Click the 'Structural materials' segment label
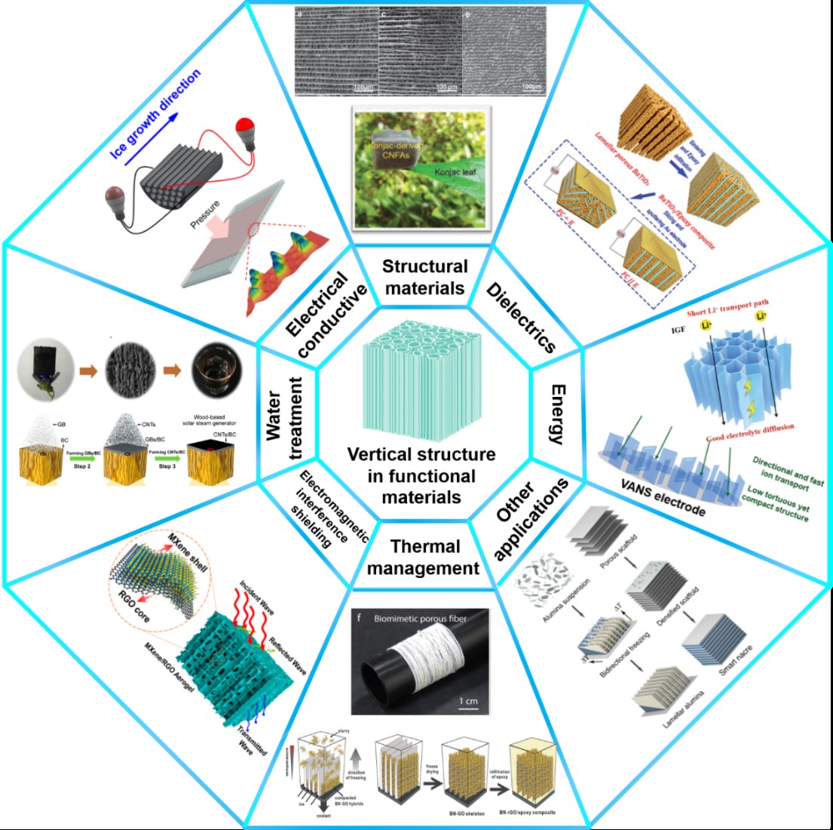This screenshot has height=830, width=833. click(x=424, y=277)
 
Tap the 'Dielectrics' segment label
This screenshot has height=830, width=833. click(x=521, y=317)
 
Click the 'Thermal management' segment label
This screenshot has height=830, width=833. click(x=424, y=557)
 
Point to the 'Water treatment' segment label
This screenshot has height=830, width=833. click(x=286, y=417)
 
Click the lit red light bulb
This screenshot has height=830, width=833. click(x=245, y=124)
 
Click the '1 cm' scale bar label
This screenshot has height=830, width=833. click(x=468, y=701)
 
